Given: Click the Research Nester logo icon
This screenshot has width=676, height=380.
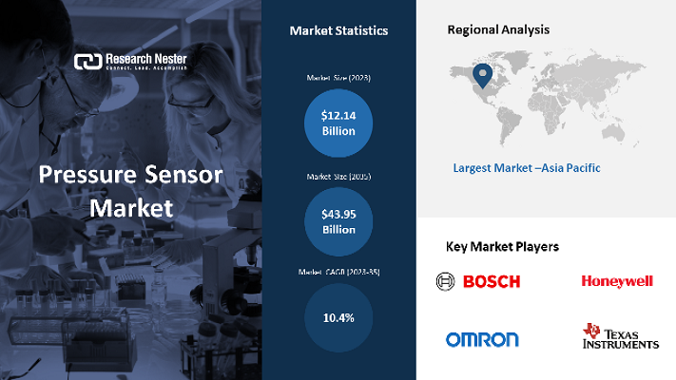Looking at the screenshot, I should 87,63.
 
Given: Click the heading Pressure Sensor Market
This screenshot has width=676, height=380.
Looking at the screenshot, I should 131,190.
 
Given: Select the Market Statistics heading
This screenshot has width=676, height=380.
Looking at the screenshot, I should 338,31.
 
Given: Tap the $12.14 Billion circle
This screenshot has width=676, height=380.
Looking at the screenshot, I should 338,123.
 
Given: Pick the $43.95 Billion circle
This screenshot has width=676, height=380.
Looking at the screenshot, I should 338,221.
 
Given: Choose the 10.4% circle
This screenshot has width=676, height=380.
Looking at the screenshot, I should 338,317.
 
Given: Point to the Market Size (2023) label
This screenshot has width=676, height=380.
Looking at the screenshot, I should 338,77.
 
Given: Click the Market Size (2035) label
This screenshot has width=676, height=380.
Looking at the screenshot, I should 338,177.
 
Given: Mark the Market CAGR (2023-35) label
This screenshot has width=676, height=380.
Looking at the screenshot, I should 338,273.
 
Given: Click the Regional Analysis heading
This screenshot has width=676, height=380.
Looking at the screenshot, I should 498,30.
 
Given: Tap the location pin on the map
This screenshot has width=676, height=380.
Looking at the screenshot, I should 483,73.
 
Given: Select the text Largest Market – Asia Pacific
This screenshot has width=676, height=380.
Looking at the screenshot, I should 527,168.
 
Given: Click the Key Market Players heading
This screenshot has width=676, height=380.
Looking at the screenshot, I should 502,247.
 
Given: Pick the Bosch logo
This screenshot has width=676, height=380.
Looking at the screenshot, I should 478,281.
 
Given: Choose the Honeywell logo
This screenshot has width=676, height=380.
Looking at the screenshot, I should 617,281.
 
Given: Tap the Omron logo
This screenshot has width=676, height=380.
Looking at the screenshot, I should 482,339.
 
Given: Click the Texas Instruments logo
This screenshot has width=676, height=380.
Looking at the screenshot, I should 620,337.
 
